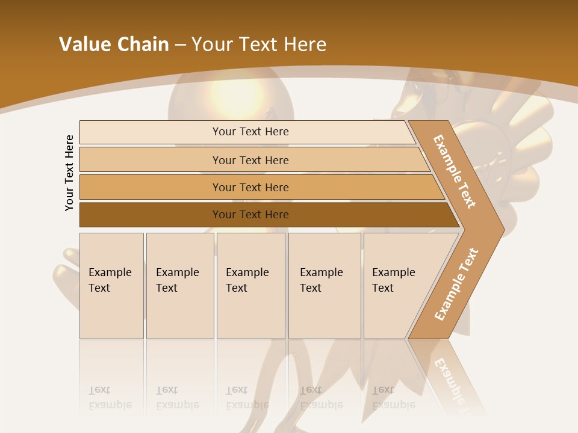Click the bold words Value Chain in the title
114,45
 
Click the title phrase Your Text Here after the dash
259,45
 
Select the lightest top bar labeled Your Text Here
250,132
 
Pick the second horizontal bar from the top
250,160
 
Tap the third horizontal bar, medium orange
250,187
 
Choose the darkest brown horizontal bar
250,215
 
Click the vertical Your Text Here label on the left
69,173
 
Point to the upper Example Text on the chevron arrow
455,171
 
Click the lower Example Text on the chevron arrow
456,284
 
